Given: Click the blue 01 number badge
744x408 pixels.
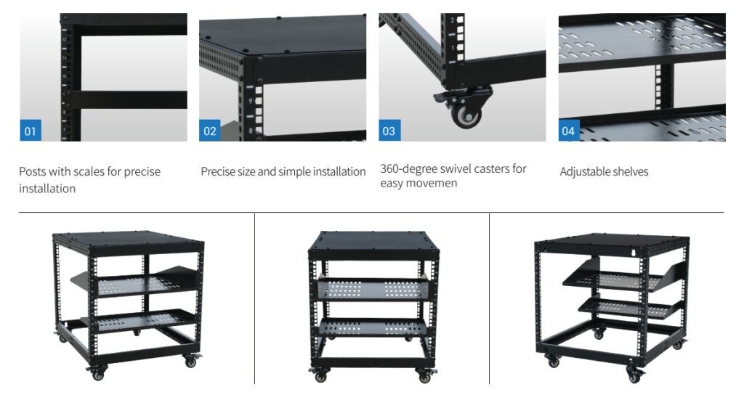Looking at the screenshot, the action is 31,131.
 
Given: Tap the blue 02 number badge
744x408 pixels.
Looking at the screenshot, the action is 210,131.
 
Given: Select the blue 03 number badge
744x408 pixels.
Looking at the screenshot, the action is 389,131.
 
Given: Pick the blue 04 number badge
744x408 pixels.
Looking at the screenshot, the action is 569,131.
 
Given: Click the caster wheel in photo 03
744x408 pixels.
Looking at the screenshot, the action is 466,115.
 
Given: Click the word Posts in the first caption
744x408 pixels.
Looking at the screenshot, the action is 32,171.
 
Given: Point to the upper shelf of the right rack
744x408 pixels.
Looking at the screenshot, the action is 617,280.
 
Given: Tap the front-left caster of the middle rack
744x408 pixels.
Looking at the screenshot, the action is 320,375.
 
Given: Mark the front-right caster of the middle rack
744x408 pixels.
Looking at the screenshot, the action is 425,375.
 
